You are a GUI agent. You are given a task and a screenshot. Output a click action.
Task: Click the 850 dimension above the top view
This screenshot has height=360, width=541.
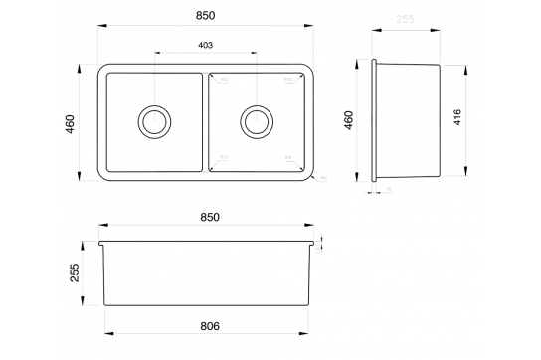[x=206, y=18]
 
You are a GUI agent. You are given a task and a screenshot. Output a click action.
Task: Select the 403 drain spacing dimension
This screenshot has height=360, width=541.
[x=206, y=46]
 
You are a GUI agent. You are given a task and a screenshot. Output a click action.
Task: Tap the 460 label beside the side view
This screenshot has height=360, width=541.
[x=348, y=121]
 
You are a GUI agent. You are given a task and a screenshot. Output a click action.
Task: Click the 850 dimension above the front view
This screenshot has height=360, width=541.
[x=210, y=215]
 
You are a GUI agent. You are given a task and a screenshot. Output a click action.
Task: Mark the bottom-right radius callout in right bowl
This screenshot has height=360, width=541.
[x=288, y=157]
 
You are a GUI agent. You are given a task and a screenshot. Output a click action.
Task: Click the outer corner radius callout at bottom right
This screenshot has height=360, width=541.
[x=324, y=180]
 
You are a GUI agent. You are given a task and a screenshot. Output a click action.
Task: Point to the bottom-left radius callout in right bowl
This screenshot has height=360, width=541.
[x=225, y=157]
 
